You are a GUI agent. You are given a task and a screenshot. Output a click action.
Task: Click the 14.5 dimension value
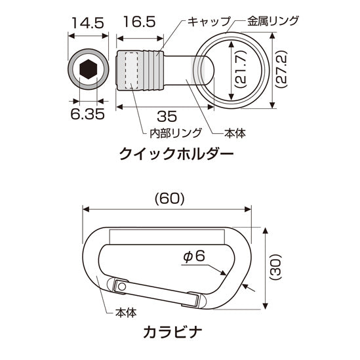87,23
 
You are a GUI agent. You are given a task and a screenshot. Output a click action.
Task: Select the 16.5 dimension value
139,23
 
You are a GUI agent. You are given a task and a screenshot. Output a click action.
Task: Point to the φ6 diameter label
195,256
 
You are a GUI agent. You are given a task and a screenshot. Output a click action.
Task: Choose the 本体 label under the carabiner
125,313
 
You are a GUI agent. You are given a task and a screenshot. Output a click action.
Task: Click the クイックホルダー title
176,155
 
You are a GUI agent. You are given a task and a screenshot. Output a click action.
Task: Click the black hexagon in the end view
87,69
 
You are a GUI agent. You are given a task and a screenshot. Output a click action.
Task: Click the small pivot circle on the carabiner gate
120,287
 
